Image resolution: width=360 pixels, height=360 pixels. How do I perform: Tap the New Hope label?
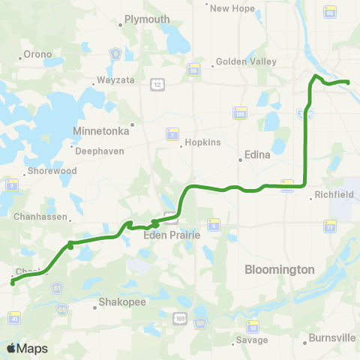(x=229, y=9)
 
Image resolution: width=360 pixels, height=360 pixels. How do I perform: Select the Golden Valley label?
(x=246, y=62)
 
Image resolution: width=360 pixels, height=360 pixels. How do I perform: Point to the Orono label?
(x=37, y=54)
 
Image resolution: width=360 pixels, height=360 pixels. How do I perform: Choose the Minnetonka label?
(x=101, y=130)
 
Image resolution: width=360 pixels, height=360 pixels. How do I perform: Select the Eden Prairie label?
(x=172, y=235)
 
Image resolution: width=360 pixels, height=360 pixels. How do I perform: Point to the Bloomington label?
(x=279, y=268)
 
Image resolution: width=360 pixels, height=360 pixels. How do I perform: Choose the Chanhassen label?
(x=41, y=219)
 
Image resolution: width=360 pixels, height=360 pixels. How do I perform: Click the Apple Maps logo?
(x=26, y=348)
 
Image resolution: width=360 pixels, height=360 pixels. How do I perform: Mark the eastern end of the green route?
(x=348, y=82)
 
